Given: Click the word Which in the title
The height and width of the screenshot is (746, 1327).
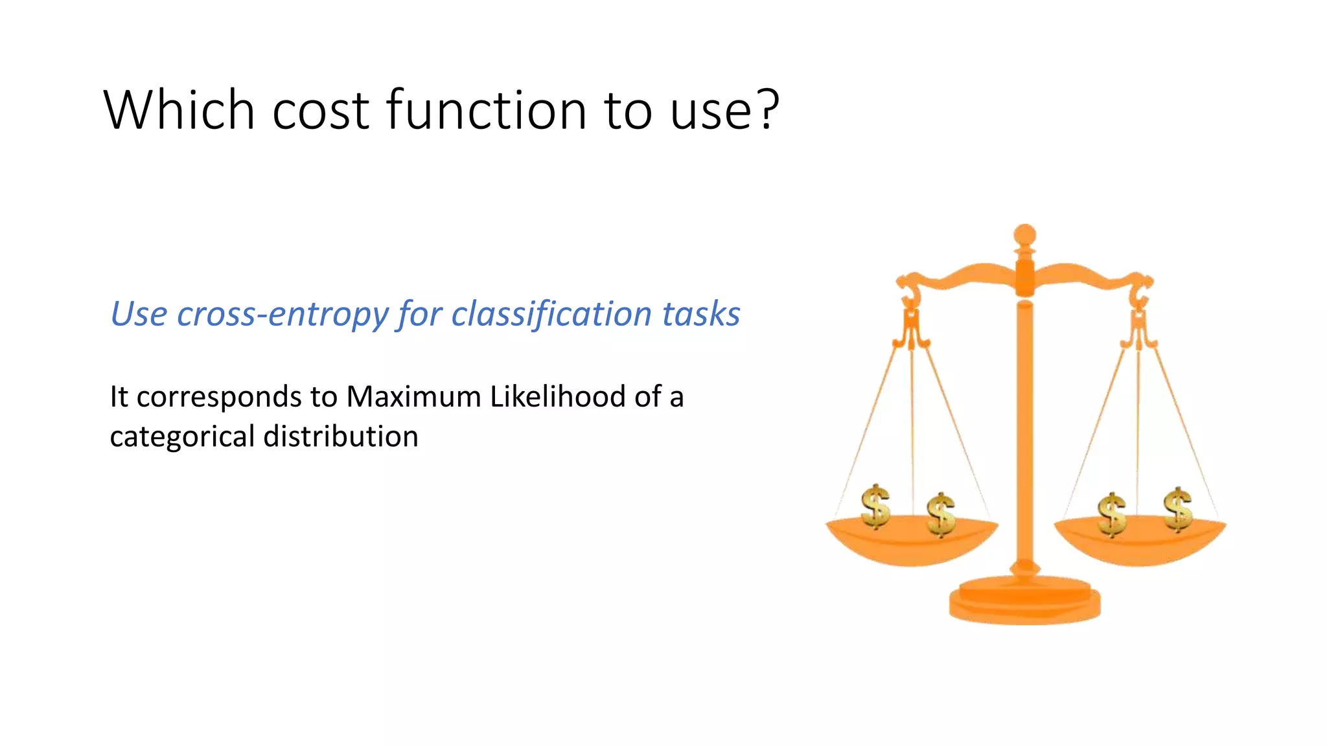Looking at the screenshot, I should (x=179, y=110).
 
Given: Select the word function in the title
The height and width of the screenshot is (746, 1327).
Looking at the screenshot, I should (x=486, y=110).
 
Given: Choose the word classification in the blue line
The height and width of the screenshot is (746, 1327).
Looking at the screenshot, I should (x=551, y=315).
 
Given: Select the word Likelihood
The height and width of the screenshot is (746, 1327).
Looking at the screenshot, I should (x=557, y=396).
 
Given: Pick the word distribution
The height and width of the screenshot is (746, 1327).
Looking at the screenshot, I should (x=341, y=436).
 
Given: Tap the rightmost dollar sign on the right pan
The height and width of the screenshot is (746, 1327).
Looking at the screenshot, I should (x=1177, y=509).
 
